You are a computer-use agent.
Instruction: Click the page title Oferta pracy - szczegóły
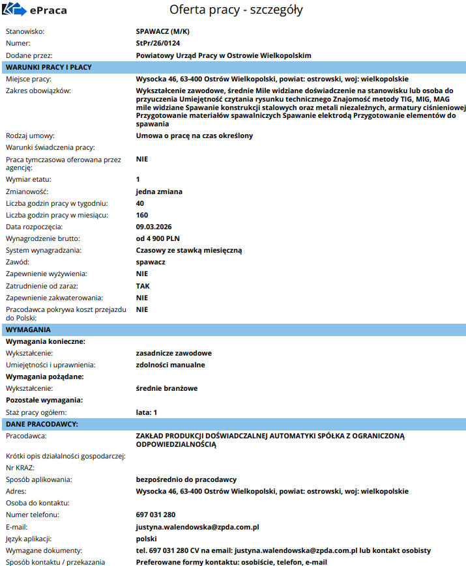pyautogui.click(x=236, y=10)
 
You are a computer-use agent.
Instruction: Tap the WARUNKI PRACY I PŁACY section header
pyautogui.click(x=49, y=67)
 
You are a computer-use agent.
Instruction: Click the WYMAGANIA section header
pyautogui.click(x=28, y=330)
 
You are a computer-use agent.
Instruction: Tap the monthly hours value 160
pyautogui.click(x=142, y=215)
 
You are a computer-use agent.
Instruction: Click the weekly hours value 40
pyautogui.click(x=140, y=203)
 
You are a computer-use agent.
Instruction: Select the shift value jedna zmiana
pyautogui.click(x=159, y=191)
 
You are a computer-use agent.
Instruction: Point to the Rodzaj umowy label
pyautogui.click(x=31, y=135)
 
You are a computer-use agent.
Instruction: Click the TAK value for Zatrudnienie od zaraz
pyautogui.click(x=143, y=285)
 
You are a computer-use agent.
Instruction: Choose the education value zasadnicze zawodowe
pyautogui.click(x=173, y=353)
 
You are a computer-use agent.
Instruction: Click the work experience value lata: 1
pyautogui.click(x=147, y=412)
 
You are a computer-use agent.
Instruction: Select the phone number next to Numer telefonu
pyautogui.click(x=156, y=515)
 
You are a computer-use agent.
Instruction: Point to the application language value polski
pyautogui.click(x=147, y=538)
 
